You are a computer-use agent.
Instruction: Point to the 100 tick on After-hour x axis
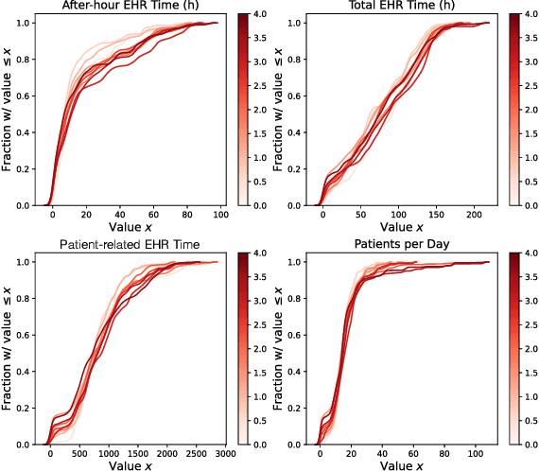[221, 215]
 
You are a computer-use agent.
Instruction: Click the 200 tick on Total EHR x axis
[479, 215]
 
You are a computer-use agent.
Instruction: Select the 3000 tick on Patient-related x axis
[223, 454]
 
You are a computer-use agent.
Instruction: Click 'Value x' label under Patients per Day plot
[400, 466]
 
